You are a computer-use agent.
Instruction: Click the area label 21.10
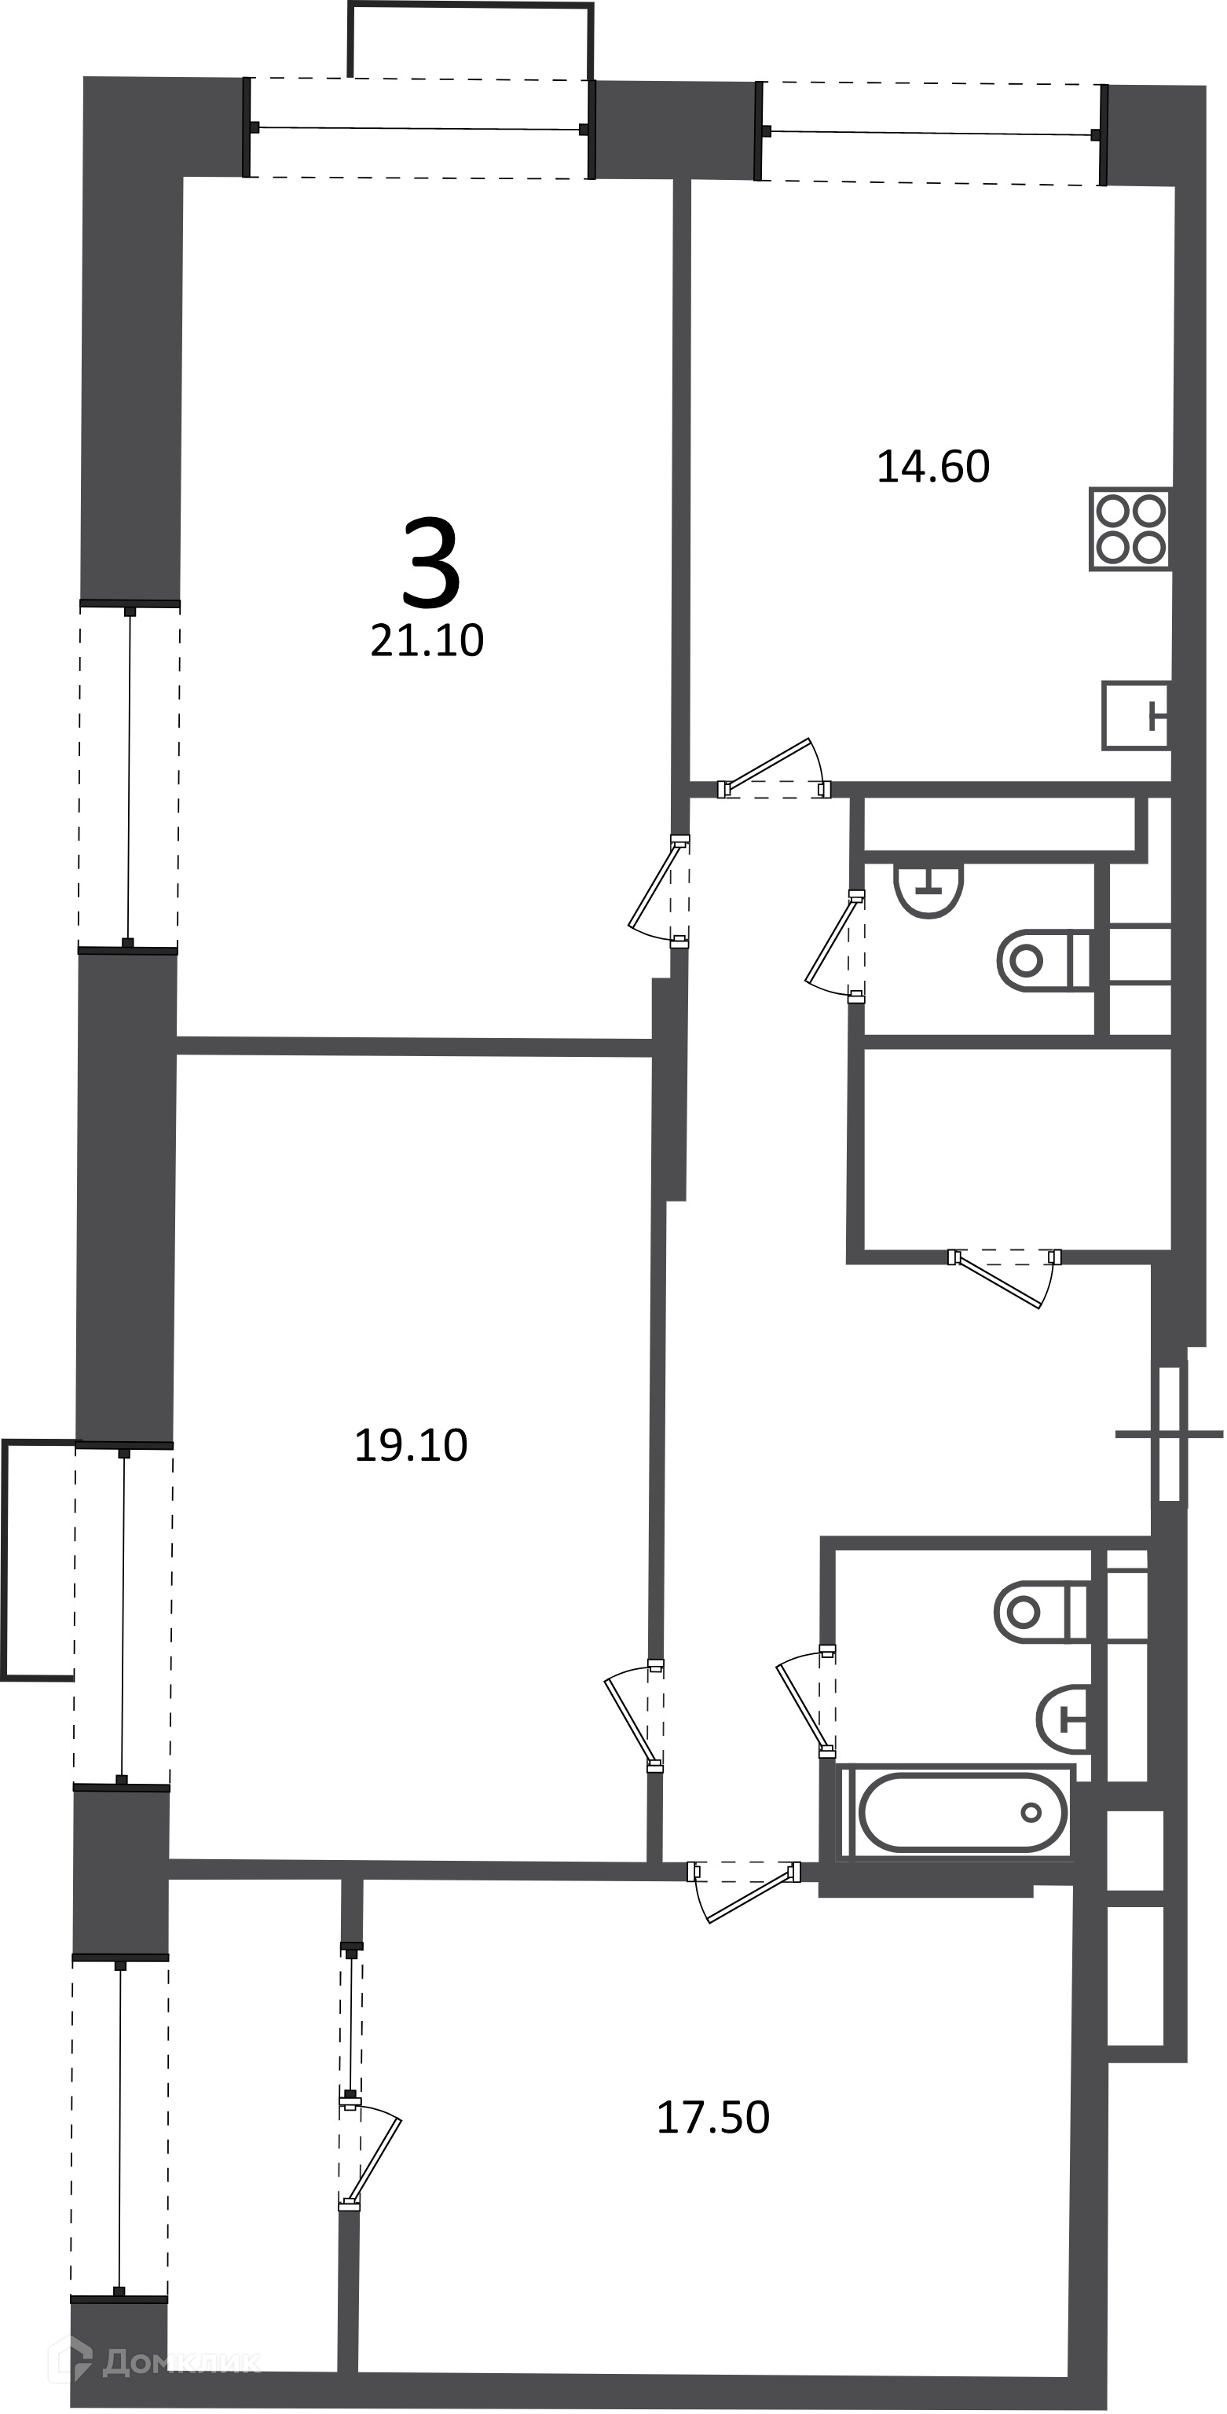[427, 641]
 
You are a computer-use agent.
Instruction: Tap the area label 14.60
[933, 467]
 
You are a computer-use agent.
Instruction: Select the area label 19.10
[410, 1445]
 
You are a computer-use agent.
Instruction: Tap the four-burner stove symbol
[1130, 529]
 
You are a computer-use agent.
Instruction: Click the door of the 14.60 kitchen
[775, 769]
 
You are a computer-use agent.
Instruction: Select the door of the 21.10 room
[659, 891]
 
